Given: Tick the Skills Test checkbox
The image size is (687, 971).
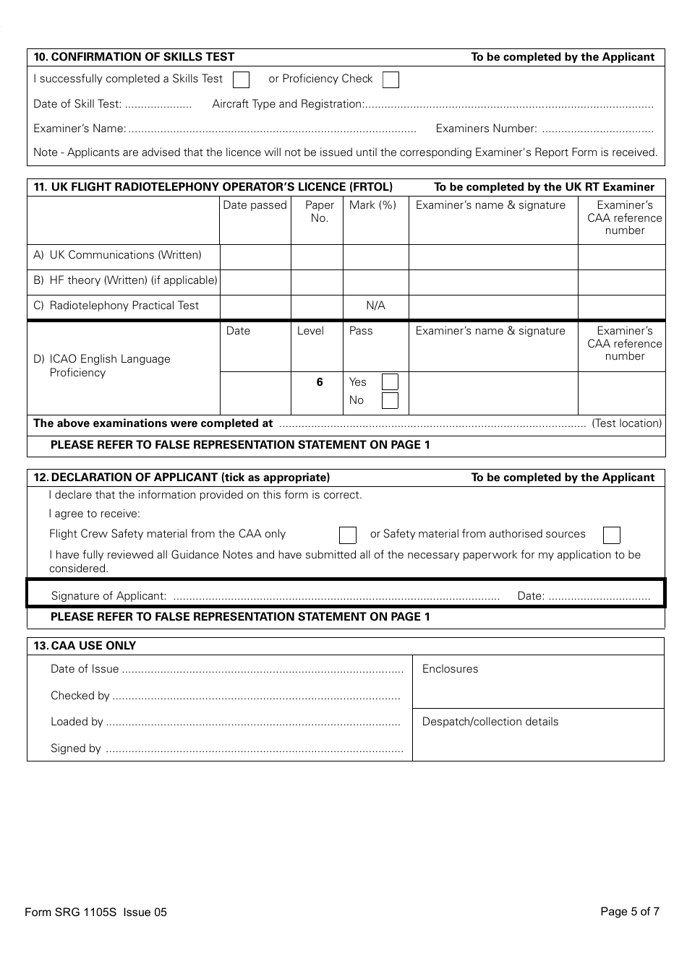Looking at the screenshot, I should pyautogui.click(x=242, y=79).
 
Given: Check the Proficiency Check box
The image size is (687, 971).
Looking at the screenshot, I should pyautogui.click(x=391, y=79).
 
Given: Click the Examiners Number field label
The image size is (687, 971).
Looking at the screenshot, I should pyautogui.click(x=486, y=129).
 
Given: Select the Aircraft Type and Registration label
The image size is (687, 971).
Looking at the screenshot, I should pyautogui.click(x=287, y=104).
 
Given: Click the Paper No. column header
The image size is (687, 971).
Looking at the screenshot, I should pyautogui.click(x=319, y=212).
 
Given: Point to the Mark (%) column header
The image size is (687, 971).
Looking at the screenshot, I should pyautogui.click(x=372, y=205).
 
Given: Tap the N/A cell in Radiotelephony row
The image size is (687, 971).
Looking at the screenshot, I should pyautogui.click(x=375, y=306).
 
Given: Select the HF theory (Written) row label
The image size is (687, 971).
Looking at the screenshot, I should pyautogui.click(x=125, y=280).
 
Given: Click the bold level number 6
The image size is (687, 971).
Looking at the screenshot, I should pyautogui.click(x=319, y=382).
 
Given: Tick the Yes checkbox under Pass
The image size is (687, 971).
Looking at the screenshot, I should pyautogui.click(x=390, y=382).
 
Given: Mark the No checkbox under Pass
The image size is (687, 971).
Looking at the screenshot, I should pyautogui.click(x=390, y=400).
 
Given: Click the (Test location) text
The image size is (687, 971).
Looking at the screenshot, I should pyautogui.click(x=626, y=423).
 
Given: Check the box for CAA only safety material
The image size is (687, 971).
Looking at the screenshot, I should pyautogui.click(x=348, y=535).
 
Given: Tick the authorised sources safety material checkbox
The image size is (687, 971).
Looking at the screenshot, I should pyautogui.click(x=612, y=535).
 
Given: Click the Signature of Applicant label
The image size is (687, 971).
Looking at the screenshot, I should pyautogui.click(x=108, y=596).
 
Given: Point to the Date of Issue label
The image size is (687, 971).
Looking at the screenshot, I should pyautogui.click(x=85, y=669).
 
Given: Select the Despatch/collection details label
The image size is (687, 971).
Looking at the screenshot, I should pyautogui.click(x=490, y=722).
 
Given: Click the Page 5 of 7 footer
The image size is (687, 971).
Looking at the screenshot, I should pyautogui.click(x=629, y=912).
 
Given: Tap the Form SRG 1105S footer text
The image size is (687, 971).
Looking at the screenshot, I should pyautogui.click(x=95, y=912).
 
